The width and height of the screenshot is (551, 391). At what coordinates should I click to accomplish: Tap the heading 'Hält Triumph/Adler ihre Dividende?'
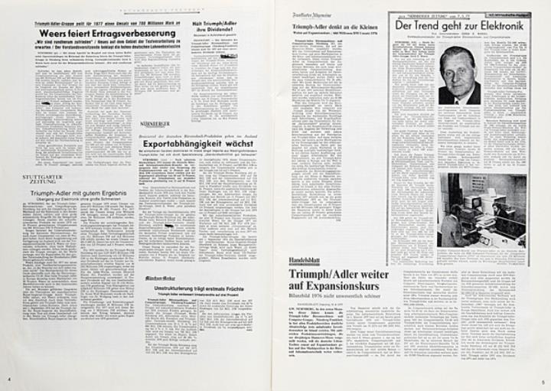tap(214, 30)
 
